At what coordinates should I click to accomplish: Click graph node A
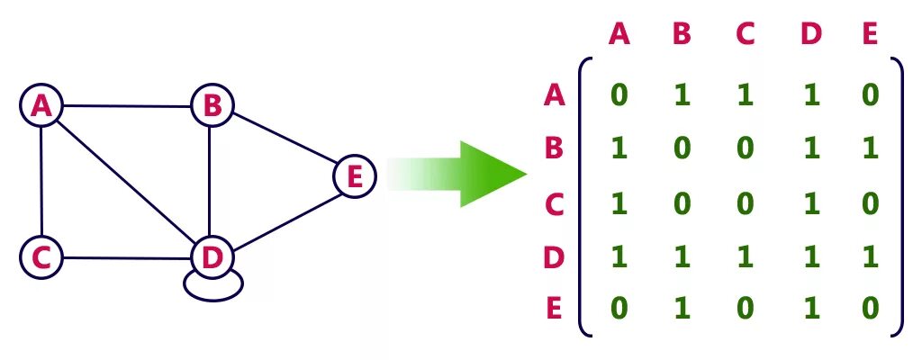pyautogui.click(x=41, y=106)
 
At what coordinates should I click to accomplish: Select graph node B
pyautogui.click(x=212, y=106)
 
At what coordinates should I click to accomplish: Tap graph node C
pyautogui.click(x=41, y=258)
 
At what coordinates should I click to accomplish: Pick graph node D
pyautogui.click(x=212, y=258)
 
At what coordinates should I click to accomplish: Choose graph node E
pyautogui.click(x=354, y=176)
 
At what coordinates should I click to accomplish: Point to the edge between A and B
pyautogui.click(x=126, y=106)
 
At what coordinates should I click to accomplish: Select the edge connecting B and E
pyautogui.click(x=283, y=141)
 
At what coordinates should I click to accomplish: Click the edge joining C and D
pyautogui.click(x=126, y=259)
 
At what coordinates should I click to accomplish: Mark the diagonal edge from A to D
pyautogui.click(x=126, y=183)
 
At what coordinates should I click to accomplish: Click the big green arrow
pyautogui.click(x=468, y=174)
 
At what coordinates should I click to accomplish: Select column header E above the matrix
pyautogui.click(x=869, y=34)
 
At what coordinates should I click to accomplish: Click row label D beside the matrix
pyautogui.click(x=554, y=257)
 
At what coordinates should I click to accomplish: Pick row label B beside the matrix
pyautogui.click(x=554, y=148)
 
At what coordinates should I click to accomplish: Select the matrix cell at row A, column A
pyautogui.click(x=619, y=94)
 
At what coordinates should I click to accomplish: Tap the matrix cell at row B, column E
pyautogui.click(x=869, y=148)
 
